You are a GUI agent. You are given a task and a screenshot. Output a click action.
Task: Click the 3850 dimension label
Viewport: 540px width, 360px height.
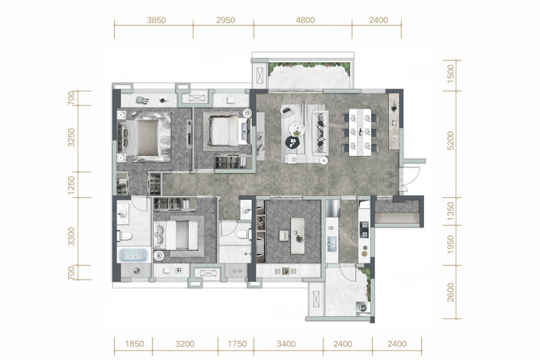click(157, 20)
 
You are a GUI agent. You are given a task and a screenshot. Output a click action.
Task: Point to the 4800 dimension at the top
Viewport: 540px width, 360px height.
click(305, 20)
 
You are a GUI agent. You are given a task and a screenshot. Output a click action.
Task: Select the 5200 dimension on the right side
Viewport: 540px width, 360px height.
click(450, 140)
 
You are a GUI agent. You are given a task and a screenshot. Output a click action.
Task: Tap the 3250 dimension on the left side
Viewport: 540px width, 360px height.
click(71, 138)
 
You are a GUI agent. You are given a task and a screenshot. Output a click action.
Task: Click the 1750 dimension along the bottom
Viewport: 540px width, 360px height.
click(238, 344)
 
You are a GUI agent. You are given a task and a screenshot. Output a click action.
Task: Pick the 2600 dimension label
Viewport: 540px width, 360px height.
click(450, 292)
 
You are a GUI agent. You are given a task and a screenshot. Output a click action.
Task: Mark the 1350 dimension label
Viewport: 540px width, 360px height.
click(450, 211)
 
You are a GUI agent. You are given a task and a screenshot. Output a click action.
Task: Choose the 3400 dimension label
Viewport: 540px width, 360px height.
click(286, 344)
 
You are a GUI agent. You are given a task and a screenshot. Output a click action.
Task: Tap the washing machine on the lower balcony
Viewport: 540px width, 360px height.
click(362, 307)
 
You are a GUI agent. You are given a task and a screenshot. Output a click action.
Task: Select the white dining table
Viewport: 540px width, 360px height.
click(360, 132)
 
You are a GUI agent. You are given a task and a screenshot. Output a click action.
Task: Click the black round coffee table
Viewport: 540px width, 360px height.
click(293, 142)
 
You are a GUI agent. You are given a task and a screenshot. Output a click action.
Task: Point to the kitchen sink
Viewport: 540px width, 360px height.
click(331, 244)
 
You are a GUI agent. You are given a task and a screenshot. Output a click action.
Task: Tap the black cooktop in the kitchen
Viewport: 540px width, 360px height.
click(364, 230)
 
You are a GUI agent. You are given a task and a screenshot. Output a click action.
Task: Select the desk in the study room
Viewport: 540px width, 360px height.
click(298, 236)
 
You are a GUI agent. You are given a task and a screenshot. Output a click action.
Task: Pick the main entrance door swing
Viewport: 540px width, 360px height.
click(410, 179)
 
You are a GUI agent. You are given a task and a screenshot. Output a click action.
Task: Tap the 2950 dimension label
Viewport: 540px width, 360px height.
click(225, 20)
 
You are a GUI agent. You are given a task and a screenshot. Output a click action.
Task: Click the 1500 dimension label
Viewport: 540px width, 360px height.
click(450, 74)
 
